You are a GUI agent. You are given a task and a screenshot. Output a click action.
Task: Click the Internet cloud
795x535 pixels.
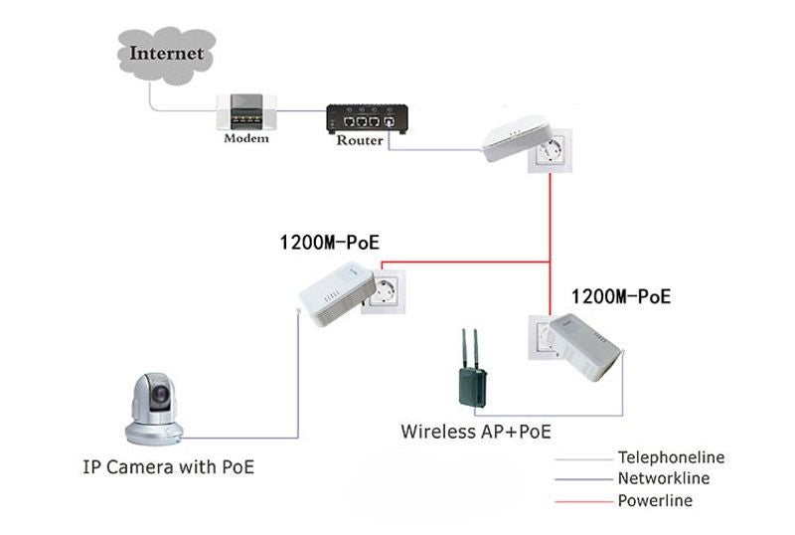(x=166, y=54)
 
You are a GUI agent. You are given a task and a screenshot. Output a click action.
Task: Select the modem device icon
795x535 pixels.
(x=244, y=112)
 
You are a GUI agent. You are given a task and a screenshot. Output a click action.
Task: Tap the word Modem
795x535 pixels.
(x=245, y=138)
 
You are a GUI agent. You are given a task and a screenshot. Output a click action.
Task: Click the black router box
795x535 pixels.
(x=368, y=119)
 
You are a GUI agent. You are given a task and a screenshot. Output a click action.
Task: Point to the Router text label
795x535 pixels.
(x=360, y=140)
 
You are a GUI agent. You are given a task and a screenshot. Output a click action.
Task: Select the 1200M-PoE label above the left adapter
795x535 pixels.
(x=329, y=242)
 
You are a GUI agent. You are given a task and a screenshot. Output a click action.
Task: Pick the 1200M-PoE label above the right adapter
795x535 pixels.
(x=620, y=296)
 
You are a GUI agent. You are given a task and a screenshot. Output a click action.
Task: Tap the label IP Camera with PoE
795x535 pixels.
(x=168, y=465)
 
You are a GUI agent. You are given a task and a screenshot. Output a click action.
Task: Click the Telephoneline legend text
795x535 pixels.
(x=671, y=458)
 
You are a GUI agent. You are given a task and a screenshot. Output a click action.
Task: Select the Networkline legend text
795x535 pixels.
(x=664, y=479)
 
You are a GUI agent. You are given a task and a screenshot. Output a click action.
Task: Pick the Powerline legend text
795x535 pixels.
(x=655, y=500)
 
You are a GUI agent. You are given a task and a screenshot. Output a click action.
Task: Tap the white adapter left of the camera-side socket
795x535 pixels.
(x=335, y=291)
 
